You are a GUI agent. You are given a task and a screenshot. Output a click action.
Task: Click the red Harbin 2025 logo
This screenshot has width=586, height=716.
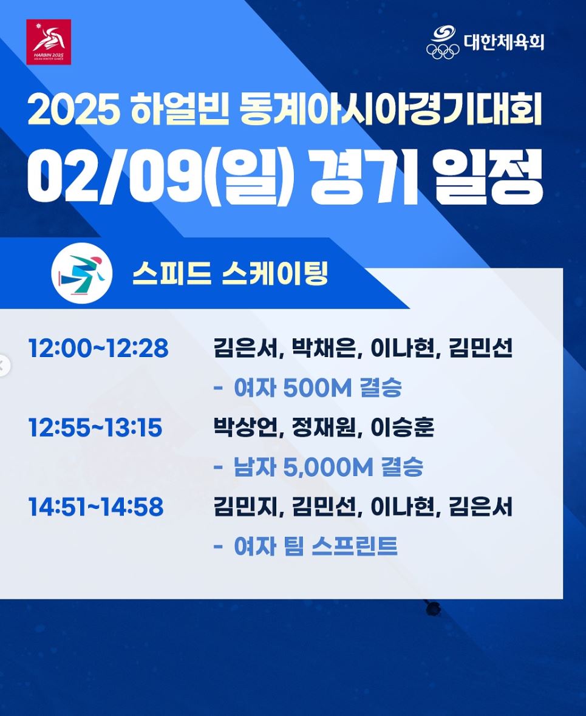coord(49,42)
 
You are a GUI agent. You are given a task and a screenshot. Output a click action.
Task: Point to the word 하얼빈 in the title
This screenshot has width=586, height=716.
coord(180,111)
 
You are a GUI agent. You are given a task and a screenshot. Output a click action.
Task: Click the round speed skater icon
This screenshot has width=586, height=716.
coord(82,273)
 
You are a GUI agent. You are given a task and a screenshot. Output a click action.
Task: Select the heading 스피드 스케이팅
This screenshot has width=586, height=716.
coord(230,273)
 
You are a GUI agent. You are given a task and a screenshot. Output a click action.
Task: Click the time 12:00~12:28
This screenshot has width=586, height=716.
coord(98,349)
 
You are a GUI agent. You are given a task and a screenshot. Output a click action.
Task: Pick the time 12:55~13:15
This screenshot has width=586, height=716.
coord(95,428)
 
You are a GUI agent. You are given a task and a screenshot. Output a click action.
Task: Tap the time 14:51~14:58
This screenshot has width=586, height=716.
coord(96,507)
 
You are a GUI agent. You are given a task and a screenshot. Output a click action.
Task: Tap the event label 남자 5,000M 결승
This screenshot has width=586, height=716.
coord(328,467)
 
